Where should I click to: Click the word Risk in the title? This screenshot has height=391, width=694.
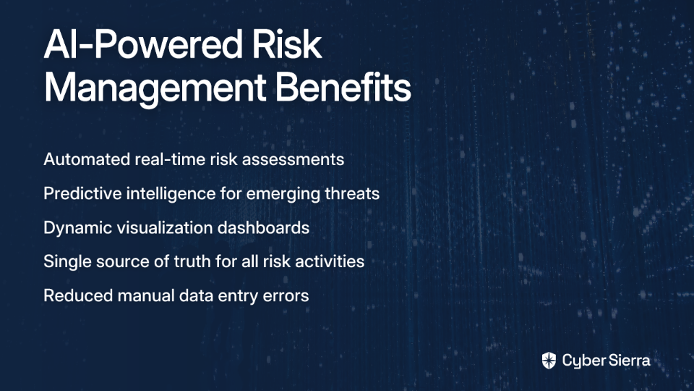tap(287, 44)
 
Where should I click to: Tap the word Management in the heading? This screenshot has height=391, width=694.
tap(155, 88)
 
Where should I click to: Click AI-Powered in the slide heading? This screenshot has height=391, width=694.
tap(143, 44)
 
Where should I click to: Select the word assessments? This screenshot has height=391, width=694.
tap(293, 159)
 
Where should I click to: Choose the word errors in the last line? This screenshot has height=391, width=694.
tap(286, 295)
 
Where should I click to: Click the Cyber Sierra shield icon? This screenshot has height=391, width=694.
tap(549, 361)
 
